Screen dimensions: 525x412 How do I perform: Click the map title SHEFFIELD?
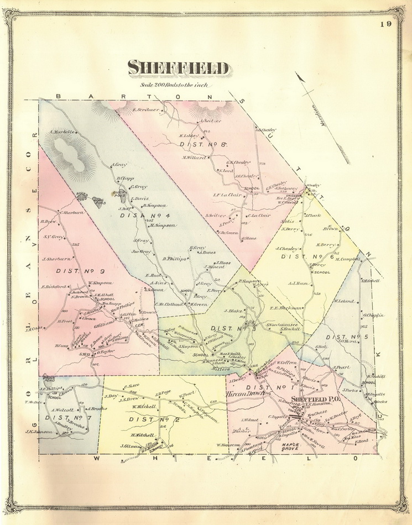178,68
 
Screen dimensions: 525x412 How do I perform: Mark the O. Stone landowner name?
248,238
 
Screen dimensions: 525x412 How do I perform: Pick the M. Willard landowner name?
194,157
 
